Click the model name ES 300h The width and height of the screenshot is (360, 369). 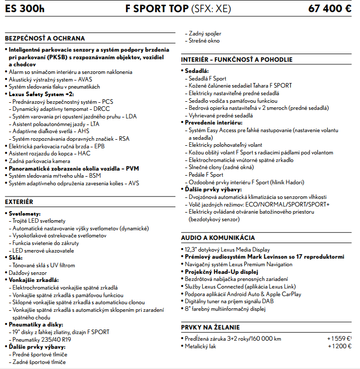click(25, 9)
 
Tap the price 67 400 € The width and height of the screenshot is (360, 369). click(330, 9)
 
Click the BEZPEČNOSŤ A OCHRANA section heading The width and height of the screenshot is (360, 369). click(45, 38)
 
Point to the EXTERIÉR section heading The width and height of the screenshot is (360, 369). click(19, 201)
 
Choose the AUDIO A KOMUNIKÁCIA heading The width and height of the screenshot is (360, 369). click(218, 237)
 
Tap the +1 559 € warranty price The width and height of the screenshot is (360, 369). click(339, 339)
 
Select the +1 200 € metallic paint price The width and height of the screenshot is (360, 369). click(339, 346)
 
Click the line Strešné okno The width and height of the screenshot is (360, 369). click(204, 41)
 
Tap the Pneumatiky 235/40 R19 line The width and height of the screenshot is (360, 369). click(40, 340)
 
